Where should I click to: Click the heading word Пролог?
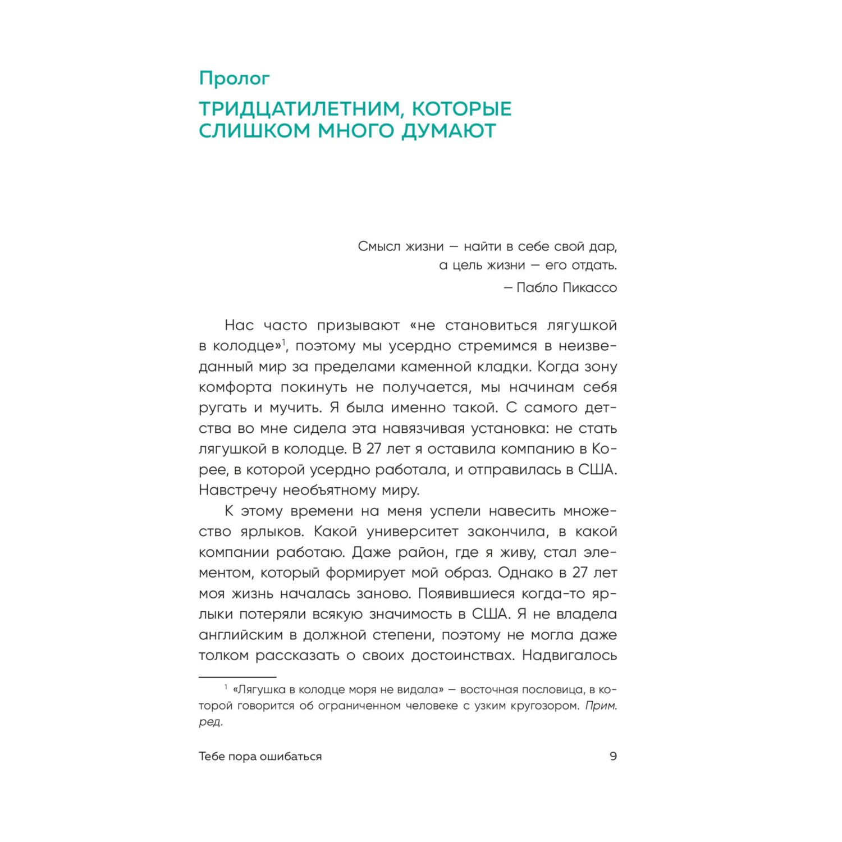pyautogui.click(x=234, y=79)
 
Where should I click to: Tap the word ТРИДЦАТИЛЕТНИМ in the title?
pyautogui.click(x=298, y=108)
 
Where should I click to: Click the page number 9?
pyautogui.click(x=613, y=756)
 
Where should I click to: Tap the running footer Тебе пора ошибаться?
pyautogui.click(x=260, y=756)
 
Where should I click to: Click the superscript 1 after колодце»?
pyautogui.click(x=284, y=342)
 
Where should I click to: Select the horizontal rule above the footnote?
pyautogui.click(x=237, y=678)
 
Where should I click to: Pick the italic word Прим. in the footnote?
pyautogui.click(x=601, y=706)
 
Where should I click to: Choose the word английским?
pyautogui.click(x=248, y=635)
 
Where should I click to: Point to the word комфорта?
pyautogui.click(x=235, y=387)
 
